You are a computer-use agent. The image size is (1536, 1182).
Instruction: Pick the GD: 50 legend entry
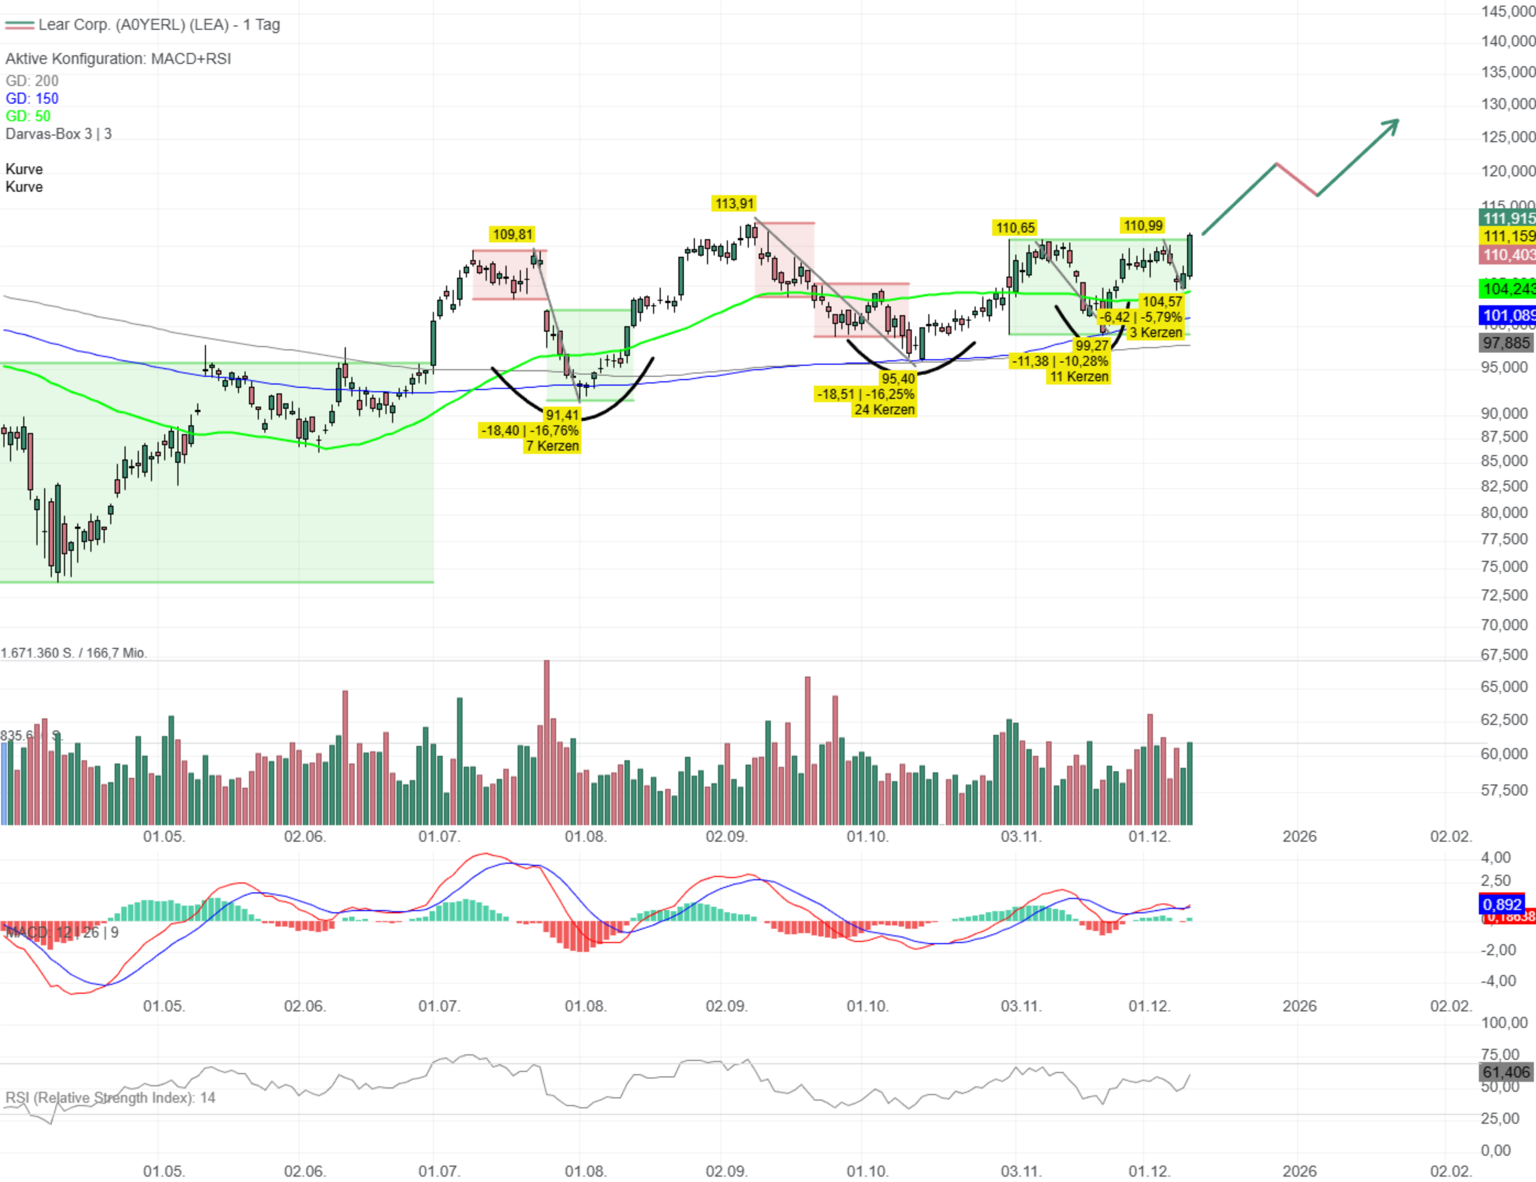[x=28, y=116]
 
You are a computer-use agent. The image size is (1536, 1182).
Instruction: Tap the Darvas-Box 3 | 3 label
[x=58, y=134]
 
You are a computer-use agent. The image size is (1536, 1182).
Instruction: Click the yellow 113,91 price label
[x=734, y=204]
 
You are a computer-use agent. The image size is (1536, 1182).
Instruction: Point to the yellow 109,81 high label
[x=513, y=234]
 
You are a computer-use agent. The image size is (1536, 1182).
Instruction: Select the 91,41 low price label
[x=562, y=415]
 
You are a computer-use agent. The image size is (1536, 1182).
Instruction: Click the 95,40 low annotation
[x=898, y=378]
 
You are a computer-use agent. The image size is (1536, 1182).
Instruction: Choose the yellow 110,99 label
[x=1143, y=225]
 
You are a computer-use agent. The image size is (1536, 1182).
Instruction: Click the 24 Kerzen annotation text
[x=884, y=409]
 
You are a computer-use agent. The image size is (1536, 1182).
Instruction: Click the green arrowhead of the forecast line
[x=1391, y=125]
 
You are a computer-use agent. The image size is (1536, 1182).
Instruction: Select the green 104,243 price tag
[x=1507, y=289]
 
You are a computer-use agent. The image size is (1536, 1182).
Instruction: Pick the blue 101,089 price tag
[x=1507, y=315]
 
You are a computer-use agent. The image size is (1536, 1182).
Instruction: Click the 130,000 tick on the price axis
[x=1507, y=104]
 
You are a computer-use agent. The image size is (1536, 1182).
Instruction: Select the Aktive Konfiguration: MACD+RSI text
[x=118, y=59]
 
